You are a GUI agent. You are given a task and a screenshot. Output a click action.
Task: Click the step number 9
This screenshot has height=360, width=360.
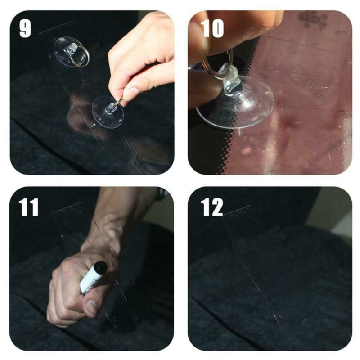point(25,28)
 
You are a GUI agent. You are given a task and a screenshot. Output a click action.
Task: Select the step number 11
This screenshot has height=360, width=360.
point(28,207)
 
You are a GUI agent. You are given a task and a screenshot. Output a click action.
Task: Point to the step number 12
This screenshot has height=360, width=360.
point(212,207)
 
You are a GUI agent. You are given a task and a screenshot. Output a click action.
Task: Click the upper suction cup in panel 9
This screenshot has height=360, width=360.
point(70,51)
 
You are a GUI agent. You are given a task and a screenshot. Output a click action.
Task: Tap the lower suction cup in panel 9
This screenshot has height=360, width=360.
point(108,112)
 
